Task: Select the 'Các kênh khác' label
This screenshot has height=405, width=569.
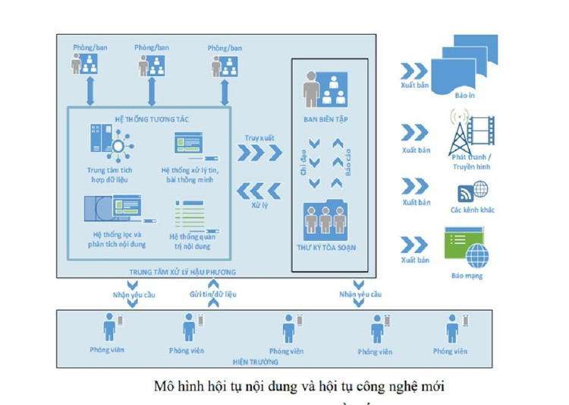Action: click(x=472, y=210)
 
